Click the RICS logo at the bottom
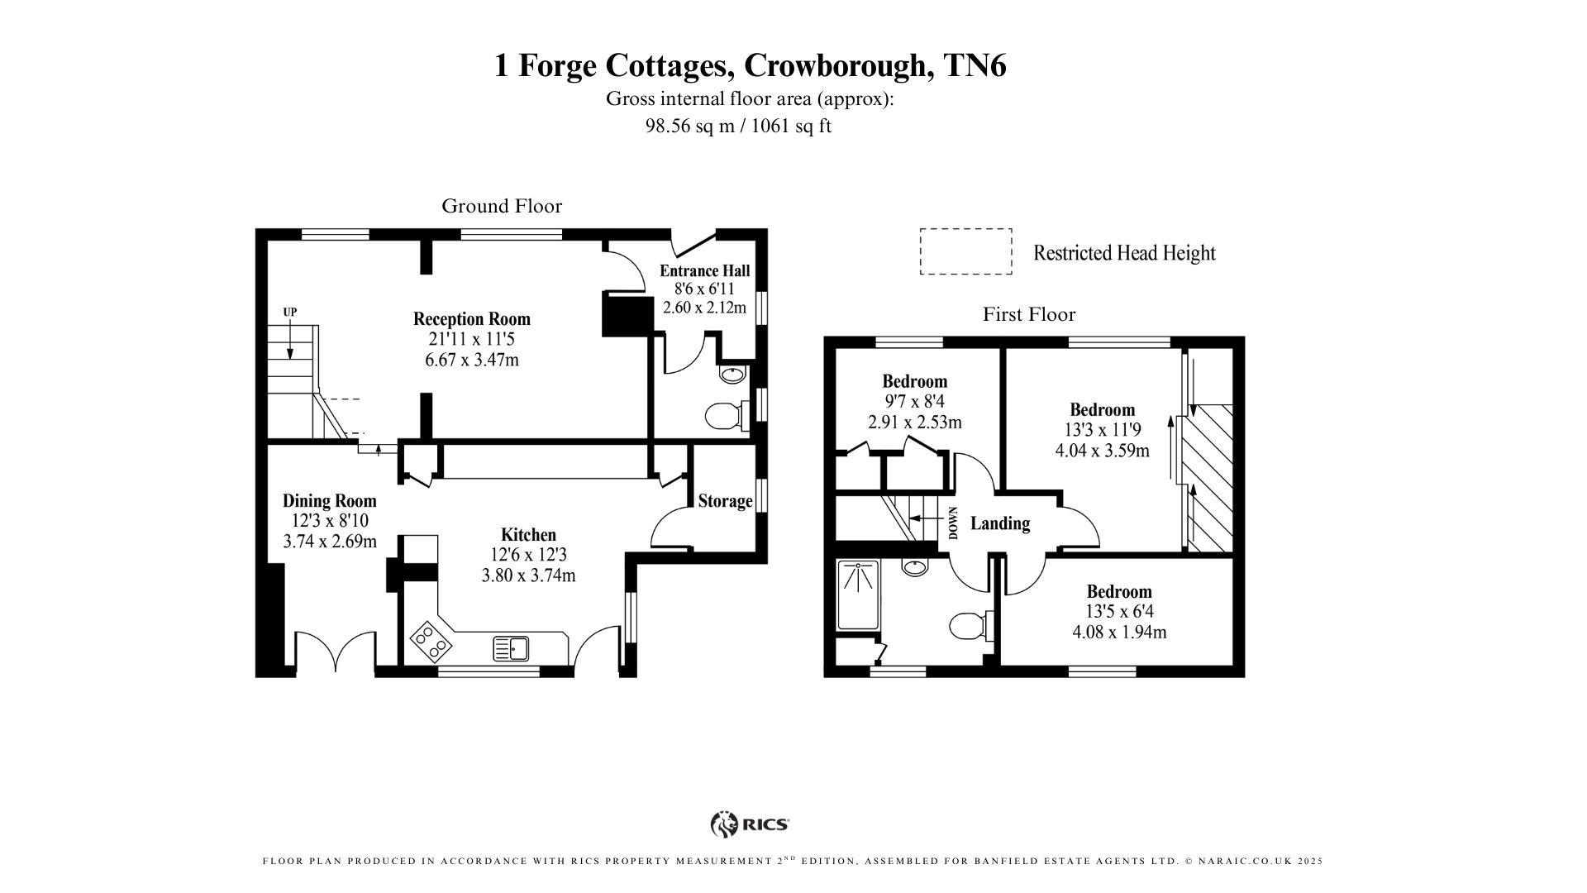tap(750, 824)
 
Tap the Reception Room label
tap(471, 319)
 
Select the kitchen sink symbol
tap(511, 648)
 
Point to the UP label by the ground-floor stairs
tap(290, 312)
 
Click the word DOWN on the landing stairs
tap(953, 523)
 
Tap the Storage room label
tap(725, 501)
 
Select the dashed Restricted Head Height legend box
tap(965, 251)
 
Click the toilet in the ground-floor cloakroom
tap(724, 415)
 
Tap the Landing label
tap(999, 523)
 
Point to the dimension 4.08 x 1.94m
tap(1119, 633)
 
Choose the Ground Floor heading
tap(501, 206)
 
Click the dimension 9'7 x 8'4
tap(914, 402)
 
